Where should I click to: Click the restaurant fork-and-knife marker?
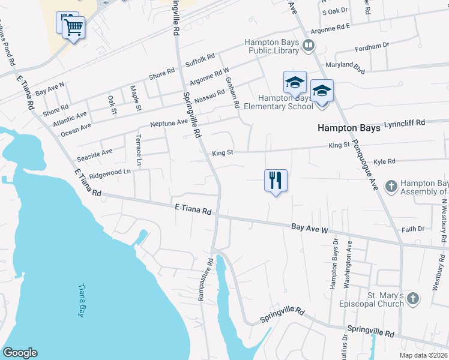[x=276, y=179]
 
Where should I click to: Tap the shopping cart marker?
[x=73, y=27]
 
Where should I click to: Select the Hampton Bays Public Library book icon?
[x=309, y=44]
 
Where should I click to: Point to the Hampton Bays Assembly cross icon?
[x=391, y=185]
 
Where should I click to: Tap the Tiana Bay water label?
[x=81, y=301]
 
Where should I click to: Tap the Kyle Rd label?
[x=384, y=161]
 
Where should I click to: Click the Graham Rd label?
[x=231, y=93]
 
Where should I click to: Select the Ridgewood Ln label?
[x=110, y=173]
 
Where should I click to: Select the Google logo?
[x=20, y=353]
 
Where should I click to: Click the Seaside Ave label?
[x=95, y=155]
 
